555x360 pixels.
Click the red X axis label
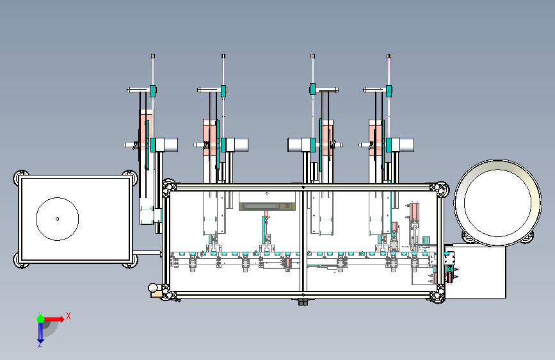tap(68, 316)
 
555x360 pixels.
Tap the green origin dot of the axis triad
tap(40, 319)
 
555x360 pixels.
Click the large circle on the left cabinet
tap(58, 219)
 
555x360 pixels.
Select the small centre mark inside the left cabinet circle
tap(58, 219)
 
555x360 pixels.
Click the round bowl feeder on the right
tap(497, 202)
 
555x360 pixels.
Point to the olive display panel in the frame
tap(267, 206)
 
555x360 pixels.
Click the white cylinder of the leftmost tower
tap(166, 145)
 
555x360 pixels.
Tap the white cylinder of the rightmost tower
tap(403, 145)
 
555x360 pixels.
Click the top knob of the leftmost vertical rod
tap(153, 56)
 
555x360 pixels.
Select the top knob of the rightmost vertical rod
tap(389, 56)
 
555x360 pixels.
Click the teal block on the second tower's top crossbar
tap(223, 91)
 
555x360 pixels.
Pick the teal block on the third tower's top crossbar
tap(312, 89)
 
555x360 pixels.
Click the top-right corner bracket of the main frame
tap(439, 189)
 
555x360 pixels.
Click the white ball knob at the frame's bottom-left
tap(153, 288)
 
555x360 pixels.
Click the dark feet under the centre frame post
tap(303, 302)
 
